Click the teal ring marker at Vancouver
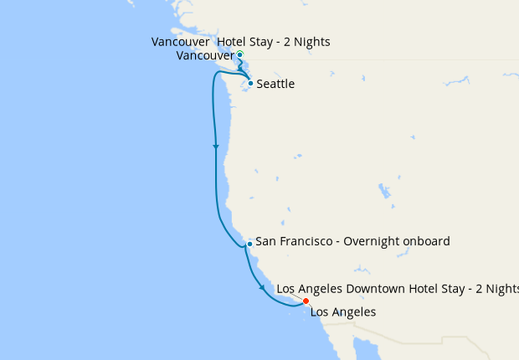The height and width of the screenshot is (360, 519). click(x=240, y=55)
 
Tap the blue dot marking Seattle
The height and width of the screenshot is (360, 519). click(x=250, y=84)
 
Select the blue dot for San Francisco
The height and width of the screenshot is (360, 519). click(x=249, y=244)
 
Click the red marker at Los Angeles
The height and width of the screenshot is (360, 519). click(x=306, y=301)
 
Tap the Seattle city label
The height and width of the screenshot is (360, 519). click(x=275, y=85)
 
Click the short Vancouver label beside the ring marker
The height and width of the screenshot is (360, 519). click(x=205, y=56)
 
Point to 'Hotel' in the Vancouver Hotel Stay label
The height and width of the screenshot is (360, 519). click(x=234, y=42)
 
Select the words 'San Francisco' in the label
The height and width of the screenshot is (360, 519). click(x=292, y=241)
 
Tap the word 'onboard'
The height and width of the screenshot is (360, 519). click(x=429, y=241)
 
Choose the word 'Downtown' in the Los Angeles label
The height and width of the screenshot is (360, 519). click(x=378, y=289)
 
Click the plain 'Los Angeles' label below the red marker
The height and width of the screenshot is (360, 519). click(x=343, y=312)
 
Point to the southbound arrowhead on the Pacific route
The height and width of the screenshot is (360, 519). click(x=216, y=147)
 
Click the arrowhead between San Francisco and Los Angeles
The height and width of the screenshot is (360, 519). click(x=263, y=288)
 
